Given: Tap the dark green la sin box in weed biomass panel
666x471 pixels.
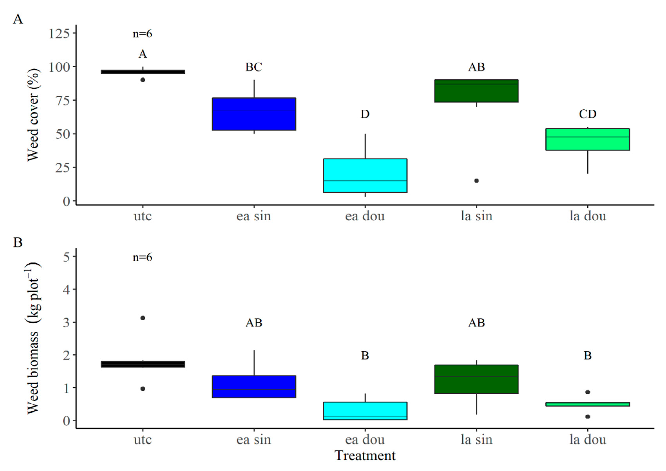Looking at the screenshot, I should click(476, 379).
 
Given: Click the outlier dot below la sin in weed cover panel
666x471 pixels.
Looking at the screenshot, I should click(476, 181).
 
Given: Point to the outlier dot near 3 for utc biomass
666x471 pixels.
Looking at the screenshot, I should click(143, 318).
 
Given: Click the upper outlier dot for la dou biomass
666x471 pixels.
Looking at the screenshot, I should click(588, 392).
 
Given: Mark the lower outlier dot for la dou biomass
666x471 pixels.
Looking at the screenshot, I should click(588, 417).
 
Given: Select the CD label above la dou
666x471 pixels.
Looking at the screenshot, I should click(588, 114).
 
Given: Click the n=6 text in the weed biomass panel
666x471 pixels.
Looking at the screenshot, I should click(142, 257).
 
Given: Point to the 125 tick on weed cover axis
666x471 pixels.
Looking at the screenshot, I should click(59, 34).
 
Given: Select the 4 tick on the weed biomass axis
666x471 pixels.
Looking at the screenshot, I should click(66, 290).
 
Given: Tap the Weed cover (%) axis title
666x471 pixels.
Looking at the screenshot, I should click(33, 115).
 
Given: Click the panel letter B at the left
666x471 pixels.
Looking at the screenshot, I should click(18, 242).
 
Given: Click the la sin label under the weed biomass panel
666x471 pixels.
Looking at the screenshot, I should click(476, 440).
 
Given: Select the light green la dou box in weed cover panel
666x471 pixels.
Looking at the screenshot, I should click(588, 139).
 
